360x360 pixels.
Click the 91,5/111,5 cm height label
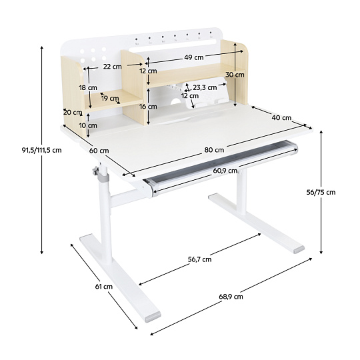pyautogui.click(x=42, y=150)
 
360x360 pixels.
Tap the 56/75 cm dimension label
pyautogui.click(x=321, y=192)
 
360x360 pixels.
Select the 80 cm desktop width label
pyautogui.click(x=214, y=150)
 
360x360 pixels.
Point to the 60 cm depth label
pyautogui.click(x=99, y=151)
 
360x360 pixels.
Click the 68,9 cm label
pyautogui.click(x=231, y=297)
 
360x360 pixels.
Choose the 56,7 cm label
pyautogui.click(x=199, y=259)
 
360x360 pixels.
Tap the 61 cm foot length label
pyautogui.click(x=104, y=287)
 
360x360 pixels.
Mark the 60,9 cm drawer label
pyautogui.click(x=225, y=171)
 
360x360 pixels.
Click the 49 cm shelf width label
pyautogui.click(x=194, y=57)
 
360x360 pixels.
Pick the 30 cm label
pyautogui.click(x=235, y=75)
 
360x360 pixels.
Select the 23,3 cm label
pyautogui.click(x=205, y=87)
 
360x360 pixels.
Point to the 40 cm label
pyautogui.click(x=281, y=118)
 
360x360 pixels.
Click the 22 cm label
pyautogui.click(x=112, y=67)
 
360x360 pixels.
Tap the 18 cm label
pyautogui.click(x=88, y=88)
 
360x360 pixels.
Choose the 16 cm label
pyautogui.click(x=148, y=107)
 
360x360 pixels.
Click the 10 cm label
pyautogui.click(x=88, y=125)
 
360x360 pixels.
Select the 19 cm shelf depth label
pyautogui.click(x=110, y=98)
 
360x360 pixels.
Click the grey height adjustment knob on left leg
pyautogui.click(x=95, y=171)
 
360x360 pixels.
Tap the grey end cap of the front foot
pyautogui.click(x=153, y=317)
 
